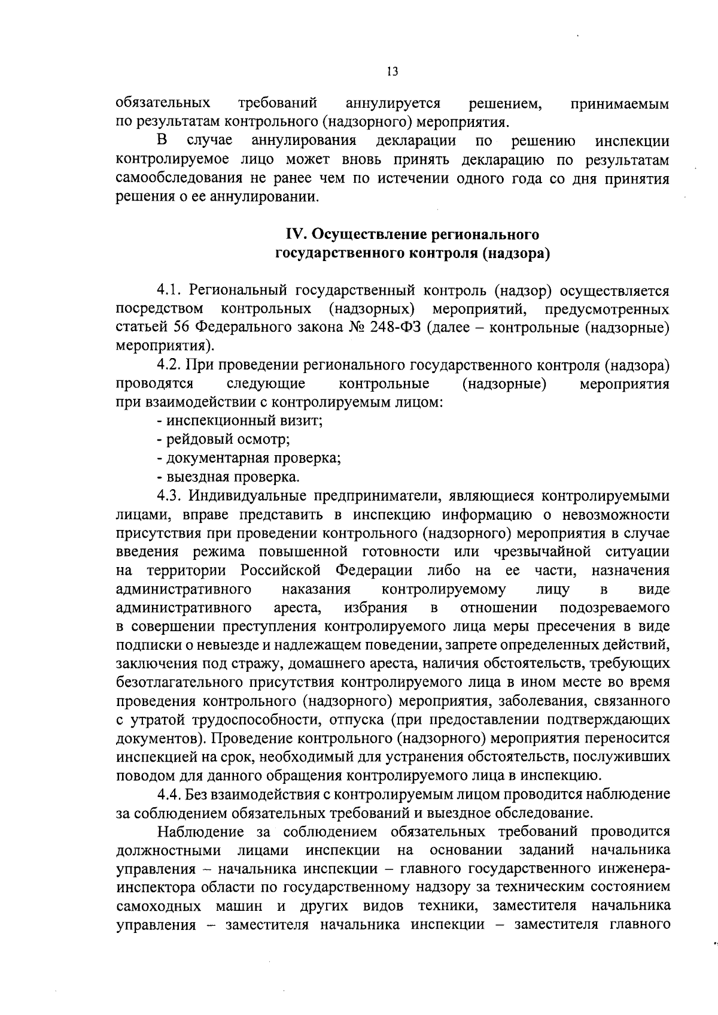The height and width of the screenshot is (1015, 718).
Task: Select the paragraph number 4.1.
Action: (169, 291)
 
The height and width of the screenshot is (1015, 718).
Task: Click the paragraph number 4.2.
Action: (169, 365)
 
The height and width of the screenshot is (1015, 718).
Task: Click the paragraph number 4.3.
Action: (169, 496)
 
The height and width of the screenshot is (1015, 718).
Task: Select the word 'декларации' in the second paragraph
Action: (416, 141)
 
